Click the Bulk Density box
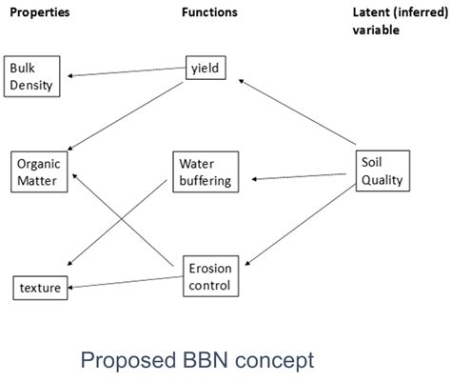click(32, 76)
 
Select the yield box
click(206, 69)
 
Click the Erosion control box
click(209, 274)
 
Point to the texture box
click(40, 286)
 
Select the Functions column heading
click(209, 12)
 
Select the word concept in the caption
click(282, 362)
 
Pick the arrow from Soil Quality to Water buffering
click(295, 176)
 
